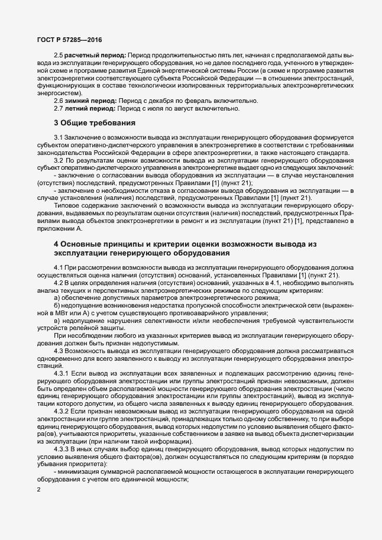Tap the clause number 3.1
(59, 137)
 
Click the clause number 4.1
(59, 269)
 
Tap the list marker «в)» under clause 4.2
(57, 320)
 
